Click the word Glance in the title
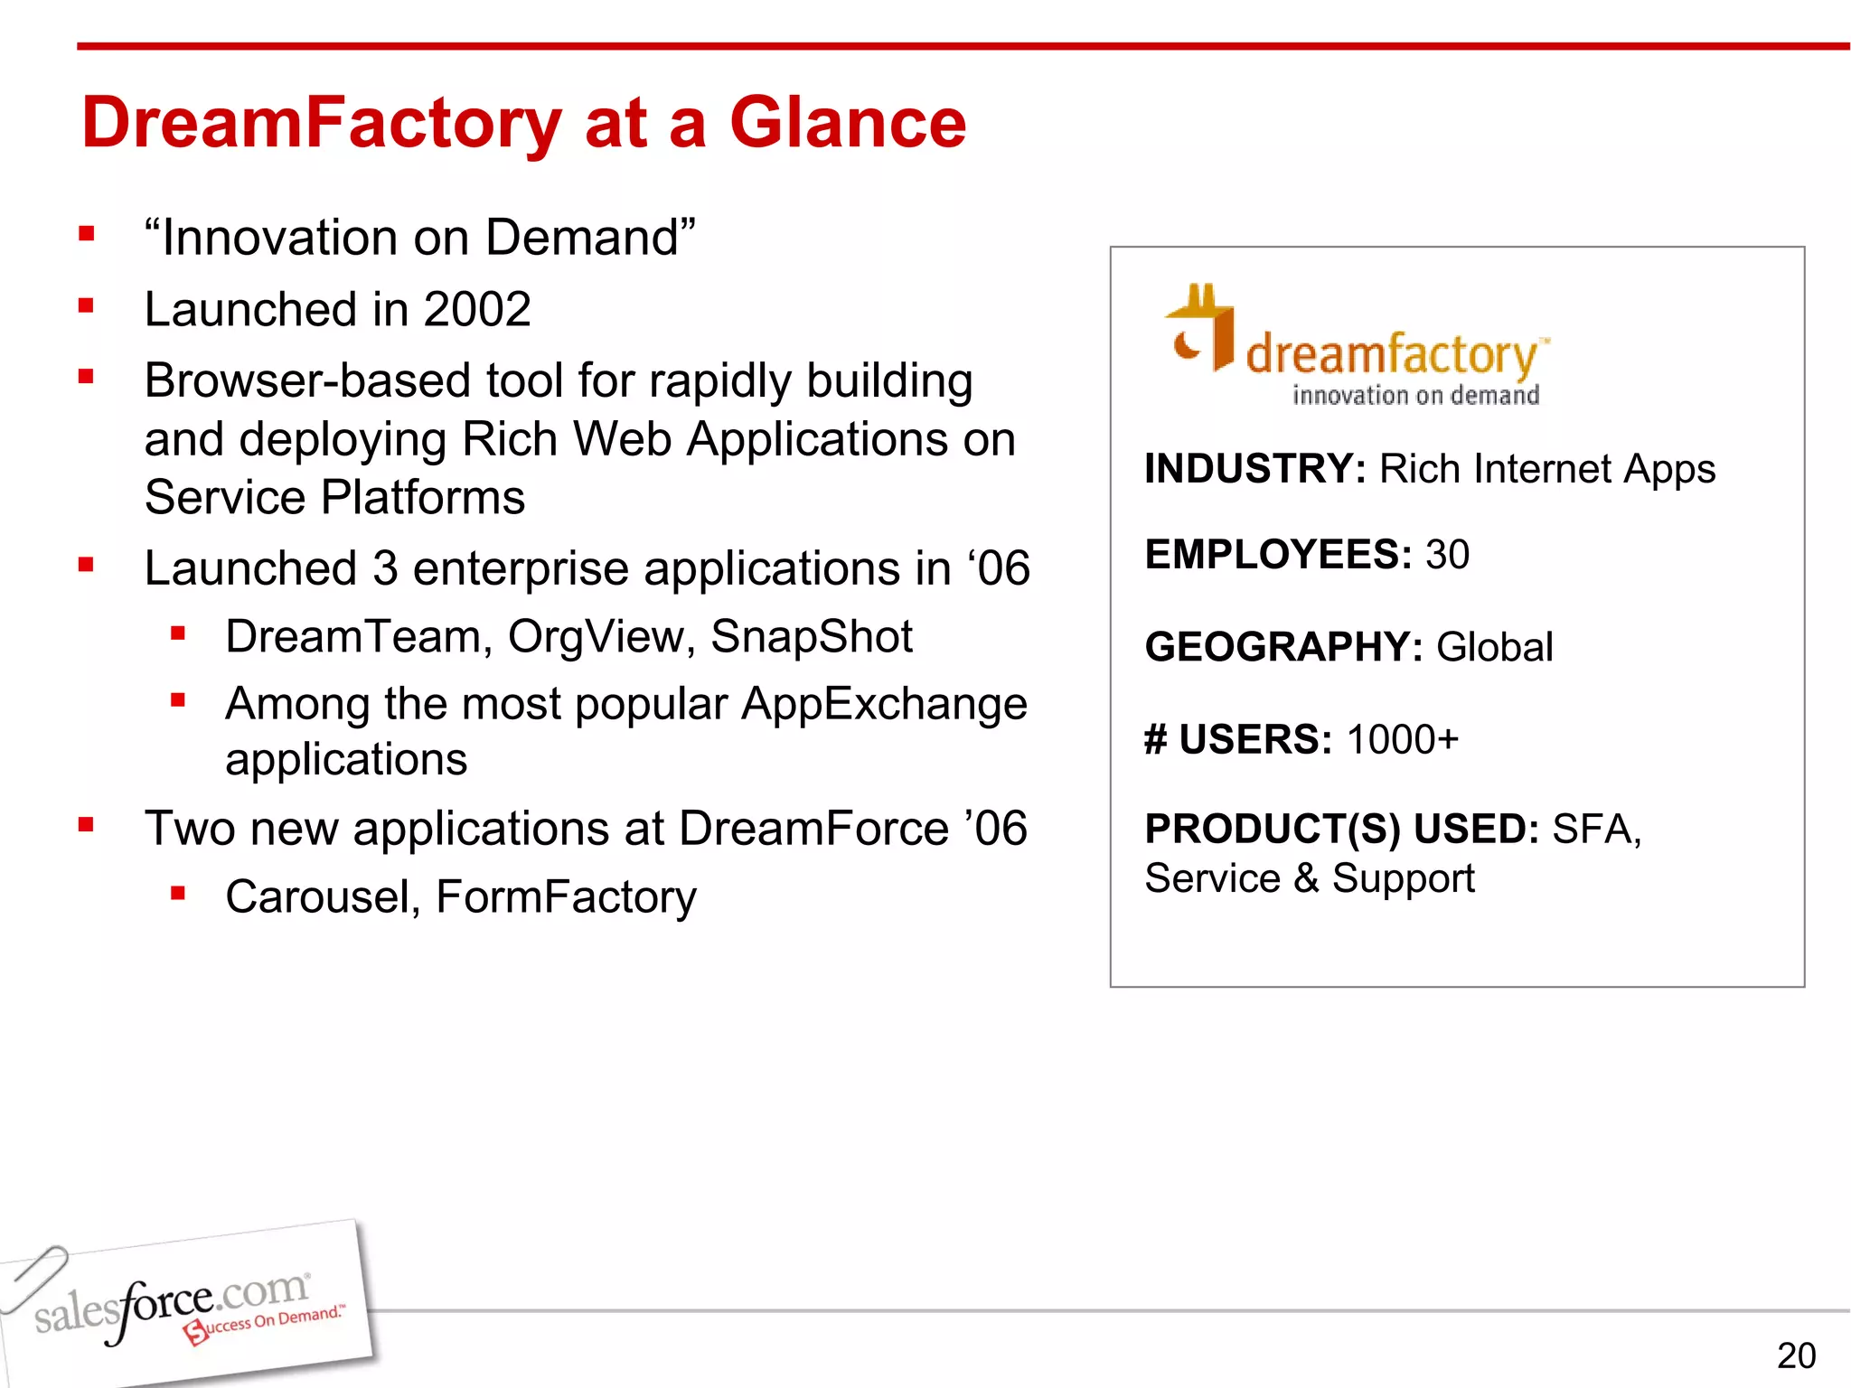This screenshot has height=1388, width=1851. (847, 123)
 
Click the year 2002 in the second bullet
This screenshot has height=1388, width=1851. (476, 310)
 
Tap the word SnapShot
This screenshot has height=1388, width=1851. (811, 637)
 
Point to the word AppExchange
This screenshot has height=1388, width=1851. (883, 705)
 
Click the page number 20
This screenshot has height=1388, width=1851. (1795, 1355)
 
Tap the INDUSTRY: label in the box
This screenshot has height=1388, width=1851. (1254, 470)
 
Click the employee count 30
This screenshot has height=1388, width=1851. (1447, 555)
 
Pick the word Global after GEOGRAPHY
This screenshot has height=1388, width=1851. (1494, 648)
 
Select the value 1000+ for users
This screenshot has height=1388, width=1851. (1402, 740)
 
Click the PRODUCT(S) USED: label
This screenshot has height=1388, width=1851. (1341, 830)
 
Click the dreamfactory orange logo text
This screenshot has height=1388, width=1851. (1392, 355)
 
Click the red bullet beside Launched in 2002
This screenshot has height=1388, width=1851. (87, 306)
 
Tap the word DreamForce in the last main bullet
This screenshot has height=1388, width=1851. (813, 830)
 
